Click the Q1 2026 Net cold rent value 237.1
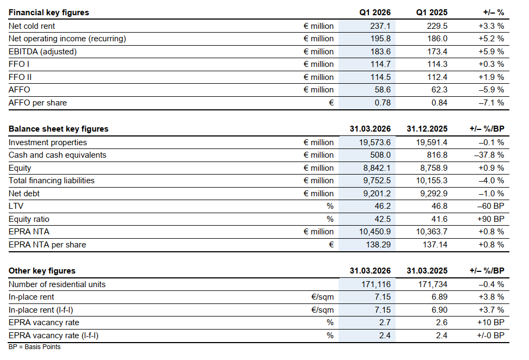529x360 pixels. (380, 26)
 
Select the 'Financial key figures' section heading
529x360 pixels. (49, 13)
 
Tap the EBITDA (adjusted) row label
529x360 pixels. (42, 52)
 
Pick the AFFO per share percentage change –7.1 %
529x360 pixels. (491, 103)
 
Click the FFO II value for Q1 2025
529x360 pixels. (437, 77)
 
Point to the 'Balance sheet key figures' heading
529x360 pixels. (59, 129)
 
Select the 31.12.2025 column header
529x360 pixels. (427, 129)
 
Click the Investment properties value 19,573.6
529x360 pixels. (375, 142)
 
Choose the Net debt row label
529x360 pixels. (24, 194)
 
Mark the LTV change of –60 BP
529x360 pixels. (491, 206)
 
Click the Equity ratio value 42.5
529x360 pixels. (383, 219)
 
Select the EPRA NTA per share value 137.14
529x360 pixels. (435, 245)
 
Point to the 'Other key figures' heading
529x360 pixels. (42, 271)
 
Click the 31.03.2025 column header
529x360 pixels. (427, 271)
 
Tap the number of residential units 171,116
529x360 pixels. (376, 284)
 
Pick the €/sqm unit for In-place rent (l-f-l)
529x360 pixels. (323, 310)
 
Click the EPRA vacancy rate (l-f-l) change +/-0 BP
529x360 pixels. (490, 336)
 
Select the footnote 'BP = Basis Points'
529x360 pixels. (34, 347)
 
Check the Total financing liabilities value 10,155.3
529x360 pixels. (432, 181)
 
